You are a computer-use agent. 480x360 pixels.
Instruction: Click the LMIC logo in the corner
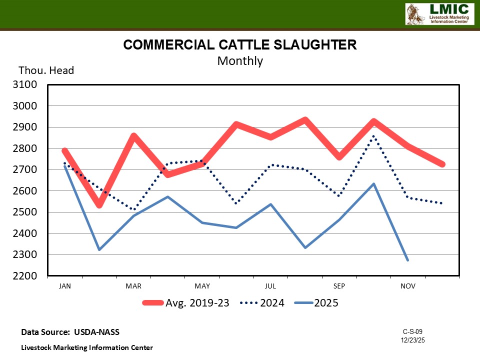438,14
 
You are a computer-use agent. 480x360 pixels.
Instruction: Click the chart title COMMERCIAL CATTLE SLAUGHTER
240,45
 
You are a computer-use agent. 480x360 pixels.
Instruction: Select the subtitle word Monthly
240,61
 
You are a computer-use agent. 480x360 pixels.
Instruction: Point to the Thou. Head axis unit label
46,70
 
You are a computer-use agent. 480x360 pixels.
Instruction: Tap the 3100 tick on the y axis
27,84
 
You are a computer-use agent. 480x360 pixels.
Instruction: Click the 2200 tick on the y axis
27,276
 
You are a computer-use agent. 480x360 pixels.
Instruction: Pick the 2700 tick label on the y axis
27,169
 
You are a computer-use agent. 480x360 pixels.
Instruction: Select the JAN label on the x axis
64,286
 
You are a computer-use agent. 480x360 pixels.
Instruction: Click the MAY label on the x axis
202,286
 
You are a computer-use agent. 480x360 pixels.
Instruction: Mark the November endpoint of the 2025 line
408,260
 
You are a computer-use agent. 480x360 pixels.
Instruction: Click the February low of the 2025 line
99,249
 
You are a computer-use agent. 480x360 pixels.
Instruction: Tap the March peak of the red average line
133,136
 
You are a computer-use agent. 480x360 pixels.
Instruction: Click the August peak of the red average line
305,120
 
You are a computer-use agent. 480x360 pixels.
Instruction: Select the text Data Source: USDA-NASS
70,332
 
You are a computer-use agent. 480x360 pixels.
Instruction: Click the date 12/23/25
412,340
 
